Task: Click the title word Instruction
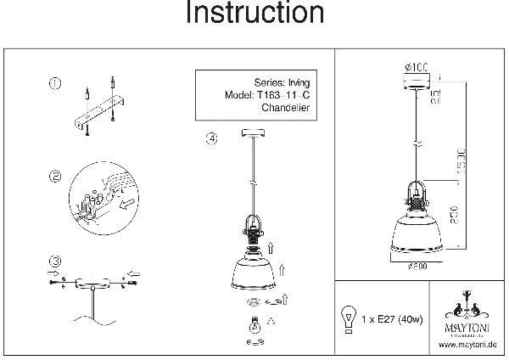coord(254,14)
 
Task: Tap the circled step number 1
coord(55,83)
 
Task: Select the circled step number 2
coord(55,177)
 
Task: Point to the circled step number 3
coord(55,261)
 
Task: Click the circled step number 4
coord(210,138)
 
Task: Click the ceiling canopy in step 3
coord(89,282)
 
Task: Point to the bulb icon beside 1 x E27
coord(347,318)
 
